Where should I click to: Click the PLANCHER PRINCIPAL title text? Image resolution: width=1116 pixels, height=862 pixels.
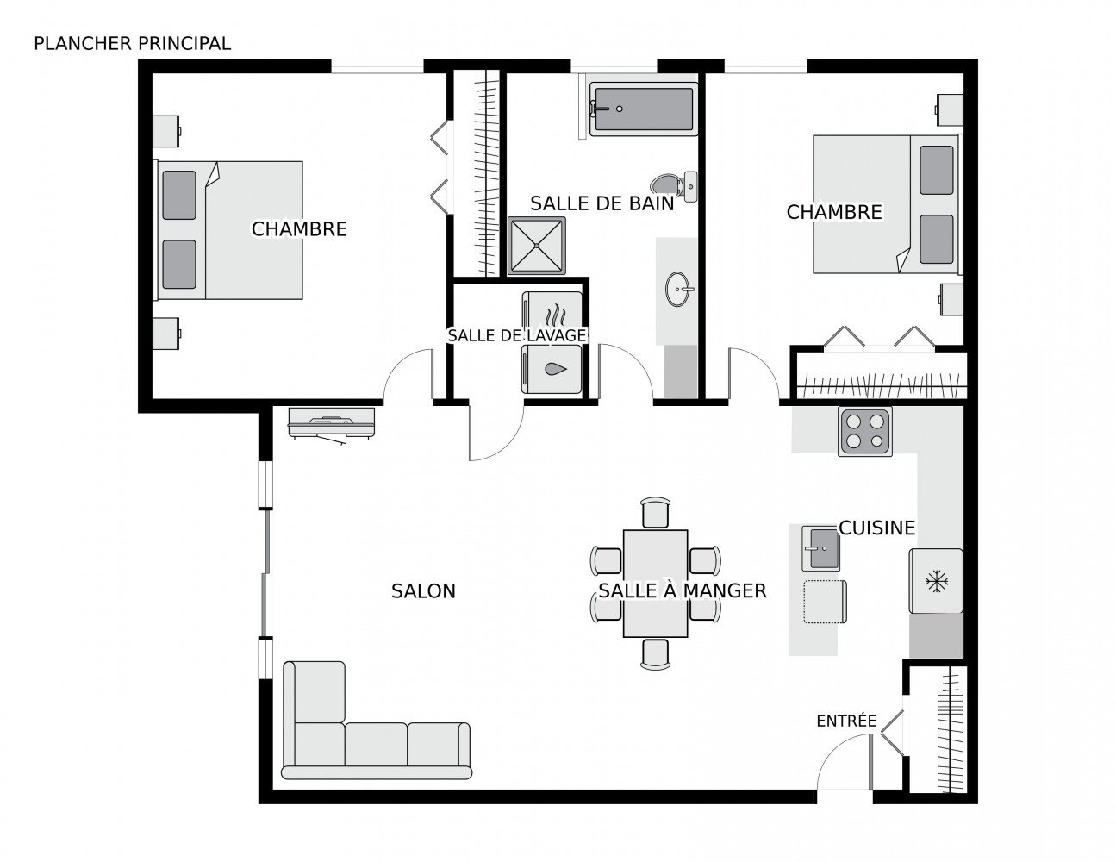[x=132, y=43]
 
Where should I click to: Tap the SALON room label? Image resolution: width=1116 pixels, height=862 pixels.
[x=423, y=591]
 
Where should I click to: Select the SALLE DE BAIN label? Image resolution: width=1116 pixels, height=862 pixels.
[x=602, y=203]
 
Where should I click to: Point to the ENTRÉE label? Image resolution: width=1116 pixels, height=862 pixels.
[x=845, y=721]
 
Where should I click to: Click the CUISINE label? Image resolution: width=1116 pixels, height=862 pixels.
[x=876, y=528]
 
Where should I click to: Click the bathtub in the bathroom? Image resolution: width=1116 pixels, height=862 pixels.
[x=642, y=109]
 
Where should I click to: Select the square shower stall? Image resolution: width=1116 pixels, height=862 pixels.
[x=537, y=246]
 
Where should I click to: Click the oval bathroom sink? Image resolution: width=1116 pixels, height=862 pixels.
[x=678, y=290]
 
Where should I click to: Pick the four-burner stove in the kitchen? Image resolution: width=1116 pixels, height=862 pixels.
[x=864, y=431]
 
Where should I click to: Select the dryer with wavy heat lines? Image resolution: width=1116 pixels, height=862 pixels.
[x=552, y=311]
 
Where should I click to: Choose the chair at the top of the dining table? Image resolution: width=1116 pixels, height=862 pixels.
[x=655, y=512]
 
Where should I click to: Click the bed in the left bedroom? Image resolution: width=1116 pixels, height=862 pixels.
[x=228, y=230]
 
